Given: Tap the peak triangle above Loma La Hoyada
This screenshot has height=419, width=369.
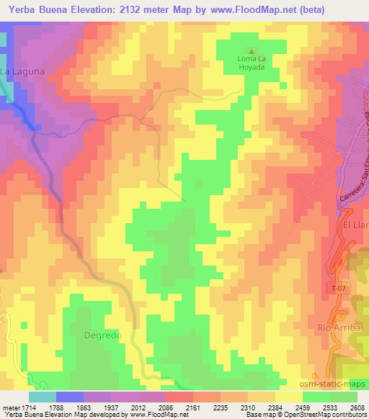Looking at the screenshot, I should click(x=252, y=50).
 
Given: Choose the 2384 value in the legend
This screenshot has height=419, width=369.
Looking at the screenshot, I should click(x=277, y=407).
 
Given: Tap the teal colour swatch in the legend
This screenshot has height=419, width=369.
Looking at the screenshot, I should click(x=42, y=397).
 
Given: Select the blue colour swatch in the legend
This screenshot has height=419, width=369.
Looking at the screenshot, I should click(x=70, y=397).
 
